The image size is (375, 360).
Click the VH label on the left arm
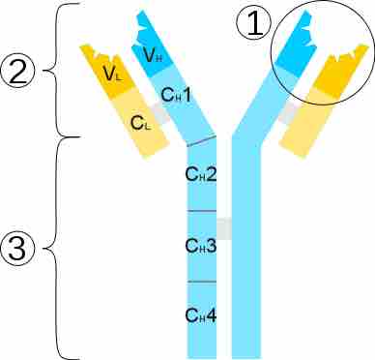[x=151, y=55]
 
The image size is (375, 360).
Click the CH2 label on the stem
[x=201, y=176]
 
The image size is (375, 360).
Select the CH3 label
[x=201, y=245]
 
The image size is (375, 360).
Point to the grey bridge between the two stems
[x=223, y=229]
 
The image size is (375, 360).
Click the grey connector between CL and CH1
[x=160, y=112]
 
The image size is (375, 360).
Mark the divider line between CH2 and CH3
[x=201, y=211]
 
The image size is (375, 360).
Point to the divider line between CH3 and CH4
[x=201, y=282]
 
